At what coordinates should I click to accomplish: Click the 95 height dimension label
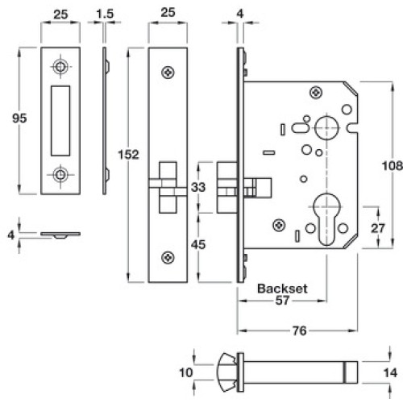(19, 118)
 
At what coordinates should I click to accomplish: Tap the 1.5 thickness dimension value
(105, 14)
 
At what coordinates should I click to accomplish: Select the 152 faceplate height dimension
(129, 155)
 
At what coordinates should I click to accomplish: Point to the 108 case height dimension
(393, 165)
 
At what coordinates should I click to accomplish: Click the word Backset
(282, 289)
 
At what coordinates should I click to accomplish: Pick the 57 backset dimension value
(282, 301)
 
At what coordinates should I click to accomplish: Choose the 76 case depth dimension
(300, 330)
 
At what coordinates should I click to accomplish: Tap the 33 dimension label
(198, 187)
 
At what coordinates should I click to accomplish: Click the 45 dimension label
(198, 244)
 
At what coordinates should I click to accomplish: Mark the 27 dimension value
(378, 228)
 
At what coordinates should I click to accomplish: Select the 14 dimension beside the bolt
(390, 373)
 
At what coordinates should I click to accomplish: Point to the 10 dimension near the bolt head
(186, 372)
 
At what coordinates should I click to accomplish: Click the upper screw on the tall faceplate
(168, 73)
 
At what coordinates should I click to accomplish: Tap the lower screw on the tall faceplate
(168, 258)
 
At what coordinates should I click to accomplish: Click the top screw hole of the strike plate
(60, 66)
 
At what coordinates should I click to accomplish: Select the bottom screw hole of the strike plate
(60, 175)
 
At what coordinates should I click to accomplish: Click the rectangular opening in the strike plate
(60, 121)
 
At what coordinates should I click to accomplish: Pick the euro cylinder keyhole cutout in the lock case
(326, 219)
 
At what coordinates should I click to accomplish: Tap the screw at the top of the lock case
(316, 93)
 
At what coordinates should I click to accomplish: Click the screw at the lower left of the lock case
(279, 225)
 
